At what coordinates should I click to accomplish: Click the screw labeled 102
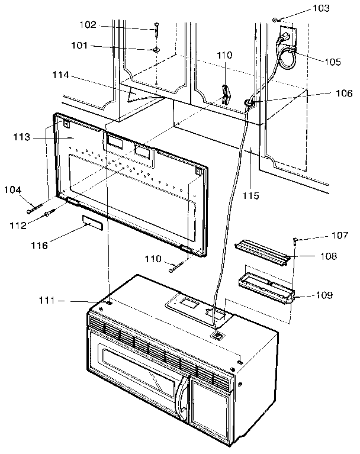pos(157,27)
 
